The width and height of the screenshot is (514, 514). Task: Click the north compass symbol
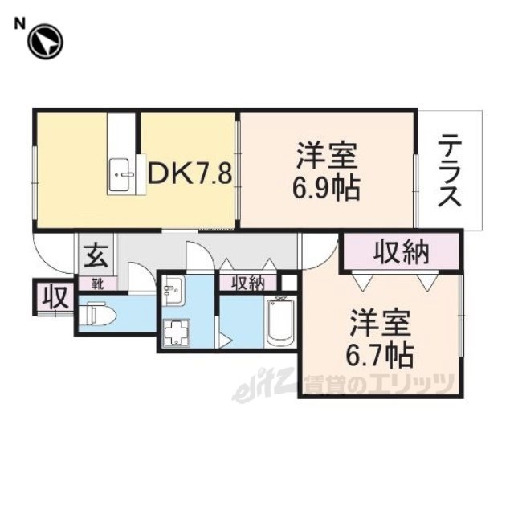point(45,43)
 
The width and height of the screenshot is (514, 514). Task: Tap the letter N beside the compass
point(19,23)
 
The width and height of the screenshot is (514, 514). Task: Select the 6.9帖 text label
point(327,189)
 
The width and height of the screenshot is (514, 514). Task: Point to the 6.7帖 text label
point(380,356)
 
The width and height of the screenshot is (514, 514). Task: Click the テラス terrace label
point(450,169)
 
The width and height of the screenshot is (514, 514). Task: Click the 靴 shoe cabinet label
point(97,284)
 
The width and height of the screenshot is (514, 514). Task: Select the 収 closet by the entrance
point(56,297)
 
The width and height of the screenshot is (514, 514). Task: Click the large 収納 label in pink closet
point(402,252)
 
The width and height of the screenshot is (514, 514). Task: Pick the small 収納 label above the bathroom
point(248,284)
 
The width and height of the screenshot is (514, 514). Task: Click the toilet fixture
point(98,314)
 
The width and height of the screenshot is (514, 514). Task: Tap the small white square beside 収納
point(289,283)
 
